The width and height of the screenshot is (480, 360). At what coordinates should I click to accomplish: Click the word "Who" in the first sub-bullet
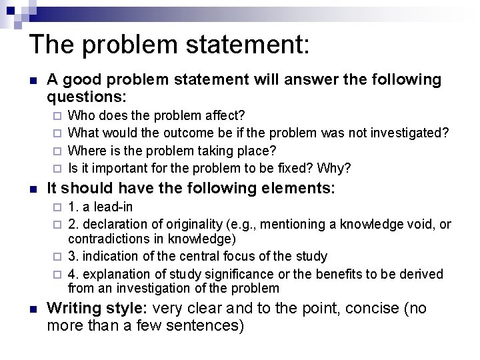(x=81, y=115)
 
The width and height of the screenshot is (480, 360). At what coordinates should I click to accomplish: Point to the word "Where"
(x=86, y=150)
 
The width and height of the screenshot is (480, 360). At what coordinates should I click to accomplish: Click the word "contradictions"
(x=108, y=239)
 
